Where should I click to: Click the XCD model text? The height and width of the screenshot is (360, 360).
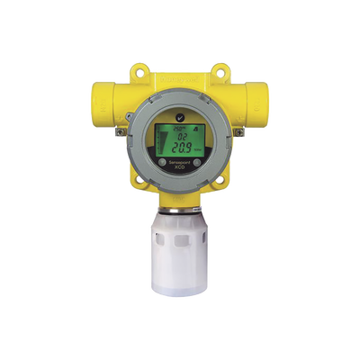(181, 193)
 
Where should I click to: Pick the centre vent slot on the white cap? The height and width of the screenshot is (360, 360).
(180, 256)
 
